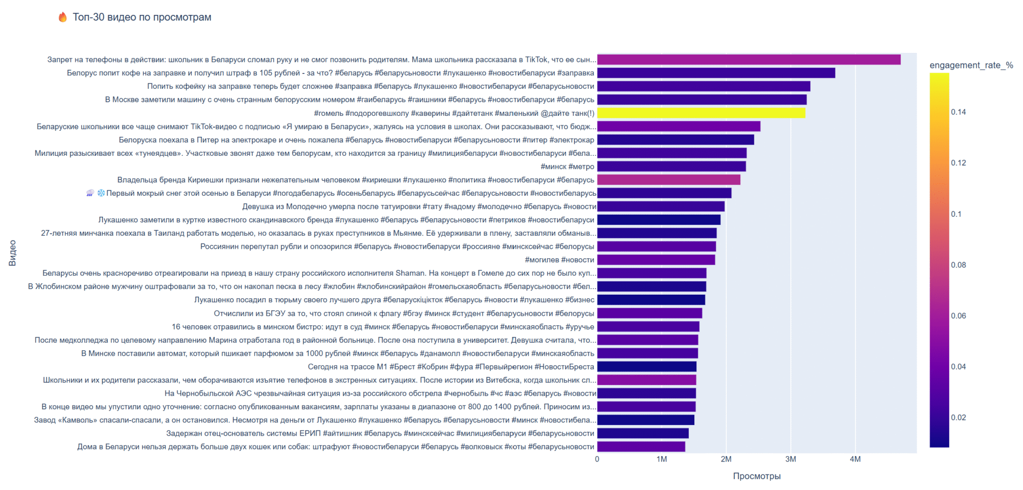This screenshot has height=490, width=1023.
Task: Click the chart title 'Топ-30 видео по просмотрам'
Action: (142, 17)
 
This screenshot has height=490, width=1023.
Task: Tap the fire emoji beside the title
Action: (62, 17)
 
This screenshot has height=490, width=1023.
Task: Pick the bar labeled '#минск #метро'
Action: (671, 167)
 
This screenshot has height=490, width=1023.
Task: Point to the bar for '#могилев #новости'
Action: (656, 260)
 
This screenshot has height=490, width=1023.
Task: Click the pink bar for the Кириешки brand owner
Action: (668, 180)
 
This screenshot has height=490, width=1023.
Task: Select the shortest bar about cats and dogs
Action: (641, 447)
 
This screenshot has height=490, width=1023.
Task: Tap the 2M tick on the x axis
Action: (726, 460)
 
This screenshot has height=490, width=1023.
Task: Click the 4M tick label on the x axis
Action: (855, 460)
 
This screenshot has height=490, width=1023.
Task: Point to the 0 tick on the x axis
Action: (597, 460)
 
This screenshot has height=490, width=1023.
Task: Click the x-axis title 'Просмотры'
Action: (756, 477)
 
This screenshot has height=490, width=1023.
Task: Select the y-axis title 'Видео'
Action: (12, 253)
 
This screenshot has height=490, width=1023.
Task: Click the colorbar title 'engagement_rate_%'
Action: (971, 65)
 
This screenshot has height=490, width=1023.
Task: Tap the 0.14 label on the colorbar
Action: (958, 112)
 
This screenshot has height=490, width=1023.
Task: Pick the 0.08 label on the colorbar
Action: (958, 265)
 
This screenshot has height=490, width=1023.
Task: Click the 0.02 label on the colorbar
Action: (958, 418)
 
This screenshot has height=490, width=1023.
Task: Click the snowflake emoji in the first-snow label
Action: (101, 193)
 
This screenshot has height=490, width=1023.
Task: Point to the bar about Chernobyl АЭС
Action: (646, 394)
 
